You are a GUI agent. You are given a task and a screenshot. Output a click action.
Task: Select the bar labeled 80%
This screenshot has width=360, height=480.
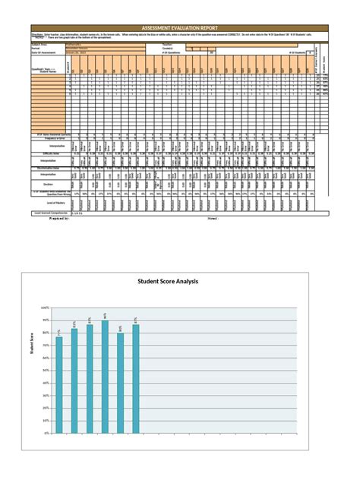pos(120,382)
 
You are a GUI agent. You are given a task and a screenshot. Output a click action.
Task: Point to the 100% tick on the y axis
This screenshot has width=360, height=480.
pos(45,308)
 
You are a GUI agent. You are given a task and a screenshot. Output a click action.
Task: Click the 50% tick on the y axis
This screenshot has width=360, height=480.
pos(46,371)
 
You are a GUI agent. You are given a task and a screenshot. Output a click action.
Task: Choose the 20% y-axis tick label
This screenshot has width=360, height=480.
pos(46,408)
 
